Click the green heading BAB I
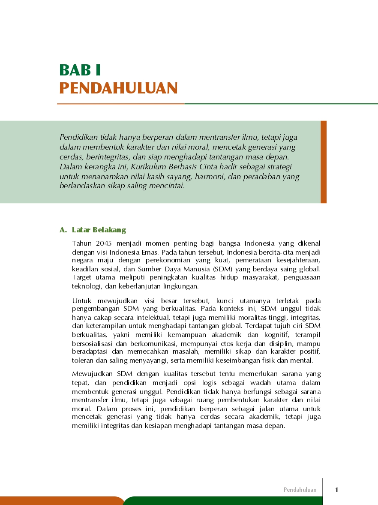(80, 70)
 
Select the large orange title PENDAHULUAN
(118, 88)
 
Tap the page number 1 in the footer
(337, 490)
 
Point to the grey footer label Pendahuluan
(300, 490)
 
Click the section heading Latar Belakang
(99, 230)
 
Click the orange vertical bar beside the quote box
(324, 162)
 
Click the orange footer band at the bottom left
(60, 501)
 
